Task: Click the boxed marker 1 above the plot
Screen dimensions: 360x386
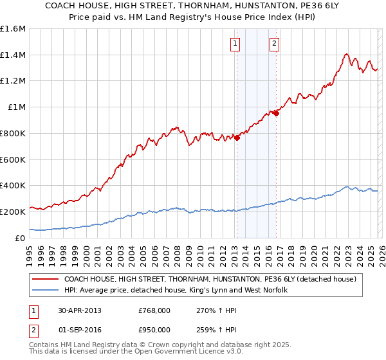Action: point(235,44)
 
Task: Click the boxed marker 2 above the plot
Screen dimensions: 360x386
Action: point(274,44)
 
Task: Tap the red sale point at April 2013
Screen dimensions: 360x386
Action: point(237,136)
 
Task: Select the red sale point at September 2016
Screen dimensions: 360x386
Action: point(276,113)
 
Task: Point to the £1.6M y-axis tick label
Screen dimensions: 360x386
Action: point(13,29)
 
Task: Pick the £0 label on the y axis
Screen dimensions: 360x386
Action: point(21,238)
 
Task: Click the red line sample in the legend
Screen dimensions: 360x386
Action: point(46,280)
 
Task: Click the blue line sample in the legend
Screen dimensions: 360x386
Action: point(46,291)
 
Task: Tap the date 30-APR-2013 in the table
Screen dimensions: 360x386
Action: point(79,310)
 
